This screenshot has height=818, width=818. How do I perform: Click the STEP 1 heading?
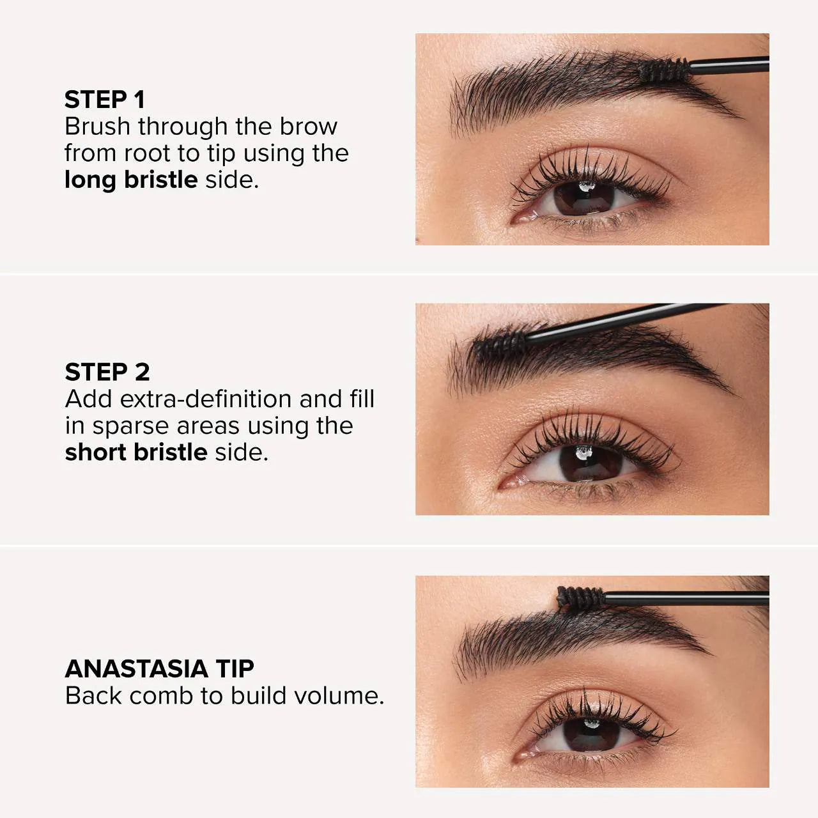(105, 100)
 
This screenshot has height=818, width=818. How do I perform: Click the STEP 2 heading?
(107, 372)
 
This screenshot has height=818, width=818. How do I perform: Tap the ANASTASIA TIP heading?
(159, 668)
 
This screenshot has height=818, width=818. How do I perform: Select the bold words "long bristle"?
(131, 180)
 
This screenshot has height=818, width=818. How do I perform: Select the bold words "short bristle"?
(136, 452)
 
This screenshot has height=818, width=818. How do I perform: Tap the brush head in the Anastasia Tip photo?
(580, 598)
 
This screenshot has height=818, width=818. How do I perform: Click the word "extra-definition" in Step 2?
(205, 399)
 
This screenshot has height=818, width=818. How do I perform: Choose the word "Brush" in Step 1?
(98, 127)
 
